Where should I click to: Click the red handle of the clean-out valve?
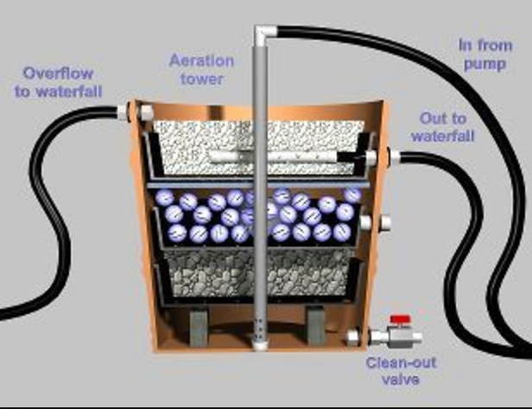[x=401, y=319]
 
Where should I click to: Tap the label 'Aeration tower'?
[x=201, y=70]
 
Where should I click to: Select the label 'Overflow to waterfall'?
[x=58, y=82]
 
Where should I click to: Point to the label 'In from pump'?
[x=485, y=54]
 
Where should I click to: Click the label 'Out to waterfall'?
[x=442, y=127]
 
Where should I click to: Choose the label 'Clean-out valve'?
[x=401, y=371]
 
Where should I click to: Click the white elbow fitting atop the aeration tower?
[x=265, y=34]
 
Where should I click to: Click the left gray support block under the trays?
[x=198, y=328]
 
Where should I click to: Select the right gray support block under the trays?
[x=316, y=326]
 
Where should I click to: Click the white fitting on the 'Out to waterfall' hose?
[x=395, y=156]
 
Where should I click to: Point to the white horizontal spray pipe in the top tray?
[x=275, y=156]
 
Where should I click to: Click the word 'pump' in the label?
[x=484, y=64]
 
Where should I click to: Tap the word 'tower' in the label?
[x=202, y=79]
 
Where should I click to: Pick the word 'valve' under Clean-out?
[x=401, y=379]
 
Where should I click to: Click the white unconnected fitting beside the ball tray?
[x=385, y=223]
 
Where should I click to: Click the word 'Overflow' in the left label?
[x=58, y=73]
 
